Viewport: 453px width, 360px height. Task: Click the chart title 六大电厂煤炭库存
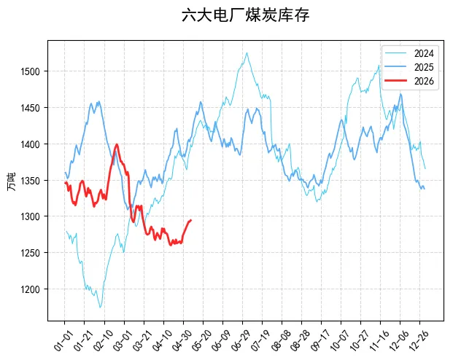(245, 15)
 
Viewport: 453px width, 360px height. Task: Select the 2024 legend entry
(409, 53)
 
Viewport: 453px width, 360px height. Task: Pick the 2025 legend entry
(409, 67)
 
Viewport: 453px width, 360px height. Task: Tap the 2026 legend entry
(409, 81)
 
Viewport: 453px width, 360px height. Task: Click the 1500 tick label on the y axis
(30, 71)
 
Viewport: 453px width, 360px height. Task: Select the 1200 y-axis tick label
(30, 289)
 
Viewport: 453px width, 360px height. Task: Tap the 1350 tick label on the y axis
(30, 181)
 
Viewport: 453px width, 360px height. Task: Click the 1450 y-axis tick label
(30, 108)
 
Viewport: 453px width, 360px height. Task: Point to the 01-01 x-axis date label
(63, 340)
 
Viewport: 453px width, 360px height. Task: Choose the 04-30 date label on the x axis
(182, 340)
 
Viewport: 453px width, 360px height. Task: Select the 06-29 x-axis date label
(241, 340)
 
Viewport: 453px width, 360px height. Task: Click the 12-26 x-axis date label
(419, 340)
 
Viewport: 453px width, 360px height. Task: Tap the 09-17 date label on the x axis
(320, 340)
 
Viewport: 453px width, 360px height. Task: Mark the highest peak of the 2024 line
(247, 52)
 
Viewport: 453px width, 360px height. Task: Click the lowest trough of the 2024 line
(100, 308)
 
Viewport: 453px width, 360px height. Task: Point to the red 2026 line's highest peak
(117, 144)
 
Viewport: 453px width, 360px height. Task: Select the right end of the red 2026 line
(190, 220)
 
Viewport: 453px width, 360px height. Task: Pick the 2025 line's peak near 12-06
(400, 94)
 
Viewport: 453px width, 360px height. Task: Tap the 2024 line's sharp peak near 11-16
(379, 66)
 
